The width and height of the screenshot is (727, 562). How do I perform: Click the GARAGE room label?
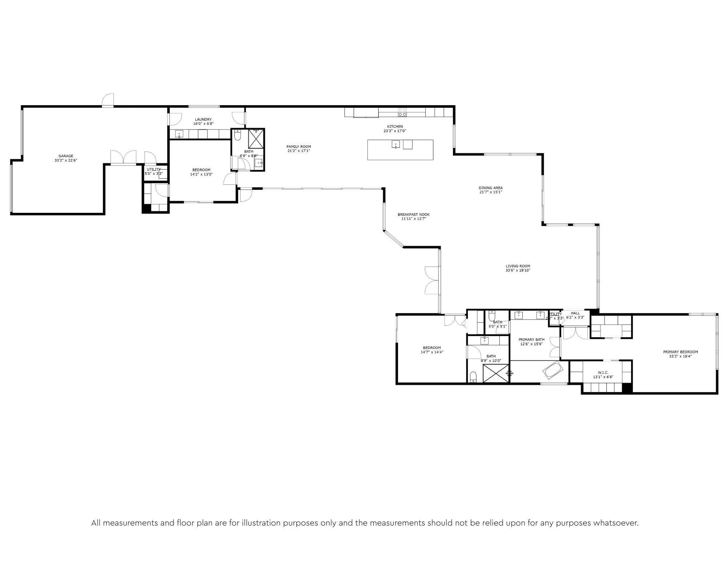[x=66, y=156]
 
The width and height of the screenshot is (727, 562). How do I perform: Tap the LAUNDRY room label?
[x=203, y=119]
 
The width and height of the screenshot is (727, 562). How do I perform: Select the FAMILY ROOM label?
[x=298, y=147]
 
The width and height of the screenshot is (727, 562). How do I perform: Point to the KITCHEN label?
[x=395, y=127]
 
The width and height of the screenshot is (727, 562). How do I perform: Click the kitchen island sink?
[x=395, y=145]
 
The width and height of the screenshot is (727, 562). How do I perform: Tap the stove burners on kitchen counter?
[x=402, y=112]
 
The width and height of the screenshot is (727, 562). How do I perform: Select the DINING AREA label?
[x=490, y=188]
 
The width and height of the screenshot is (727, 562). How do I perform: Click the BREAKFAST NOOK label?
[x=413, y=215]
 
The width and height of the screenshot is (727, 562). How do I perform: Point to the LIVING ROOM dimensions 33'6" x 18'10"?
[x=518, y=271]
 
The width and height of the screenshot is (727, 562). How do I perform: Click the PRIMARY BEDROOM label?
[x=680, y=352]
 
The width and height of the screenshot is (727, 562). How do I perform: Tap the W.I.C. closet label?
[x=603, y=372]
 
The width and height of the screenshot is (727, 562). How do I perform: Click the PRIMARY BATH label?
[x=531, y=339]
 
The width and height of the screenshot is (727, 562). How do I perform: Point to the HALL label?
[x=575, y=313]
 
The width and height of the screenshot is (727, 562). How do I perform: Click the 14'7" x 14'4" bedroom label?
[x=432, y=348]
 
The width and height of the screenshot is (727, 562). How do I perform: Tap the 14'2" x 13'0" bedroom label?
[x=201, y=170]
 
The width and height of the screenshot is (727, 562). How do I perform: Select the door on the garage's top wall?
[x=108, y=100]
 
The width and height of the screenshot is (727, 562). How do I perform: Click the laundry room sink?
[x=179, y=134]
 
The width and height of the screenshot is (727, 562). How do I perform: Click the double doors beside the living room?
[x=432, y=280]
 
